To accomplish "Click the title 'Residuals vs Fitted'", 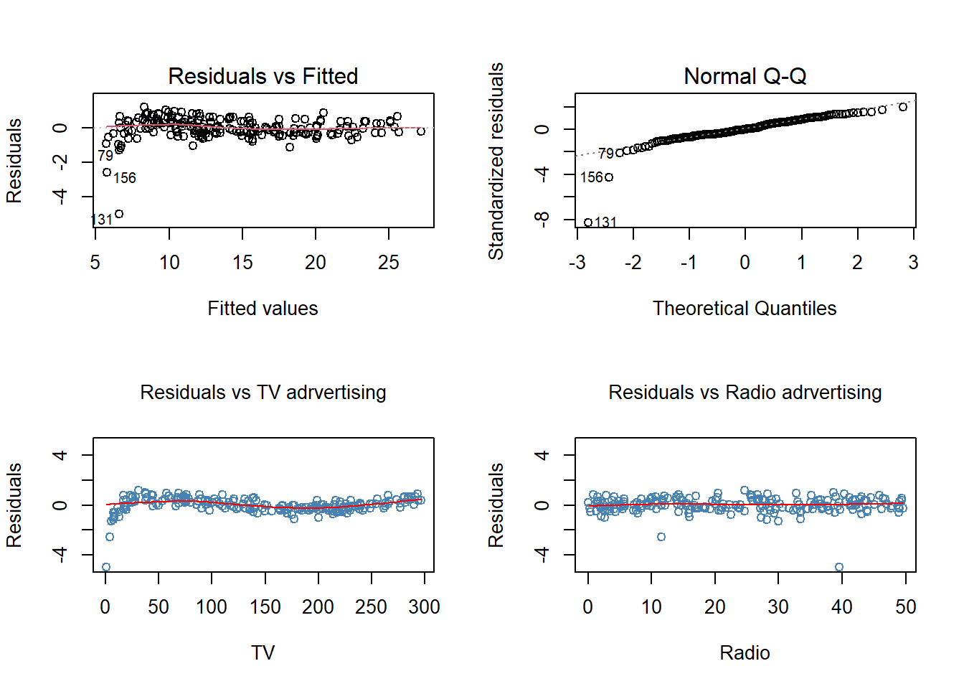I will (263, 76).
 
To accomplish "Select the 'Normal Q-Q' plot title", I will (745, 76).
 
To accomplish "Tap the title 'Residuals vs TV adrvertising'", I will (263, 393).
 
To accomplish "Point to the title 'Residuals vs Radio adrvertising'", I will (745, 393).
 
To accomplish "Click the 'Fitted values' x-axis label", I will (263, 309).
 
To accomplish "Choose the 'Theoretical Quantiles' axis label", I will (745, 309).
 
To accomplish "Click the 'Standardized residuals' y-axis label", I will (496, 161).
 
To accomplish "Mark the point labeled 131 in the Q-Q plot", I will (588, 222).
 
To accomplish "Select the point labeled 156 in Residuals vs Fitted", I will (107, 172).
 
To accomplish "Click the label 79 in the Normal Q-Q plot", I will (606, 154).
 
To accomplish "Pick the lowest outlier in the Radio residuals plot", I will (839, 567).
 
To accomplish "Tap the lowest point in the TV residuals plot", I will (106, 567).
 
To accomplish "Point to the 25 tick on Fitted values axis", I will (389, 263).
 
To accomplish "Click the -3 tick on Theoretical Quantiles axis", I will (577, 263).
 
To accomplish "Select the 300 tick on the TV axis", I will (424, 607).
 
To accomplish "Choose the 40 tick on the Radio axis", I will (842, 607).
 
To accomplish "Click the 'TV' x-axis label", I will (263, 653).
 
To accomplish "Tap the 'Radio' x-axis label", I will (745, 653).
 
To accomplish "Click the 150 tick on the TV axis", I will (265, 607).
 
